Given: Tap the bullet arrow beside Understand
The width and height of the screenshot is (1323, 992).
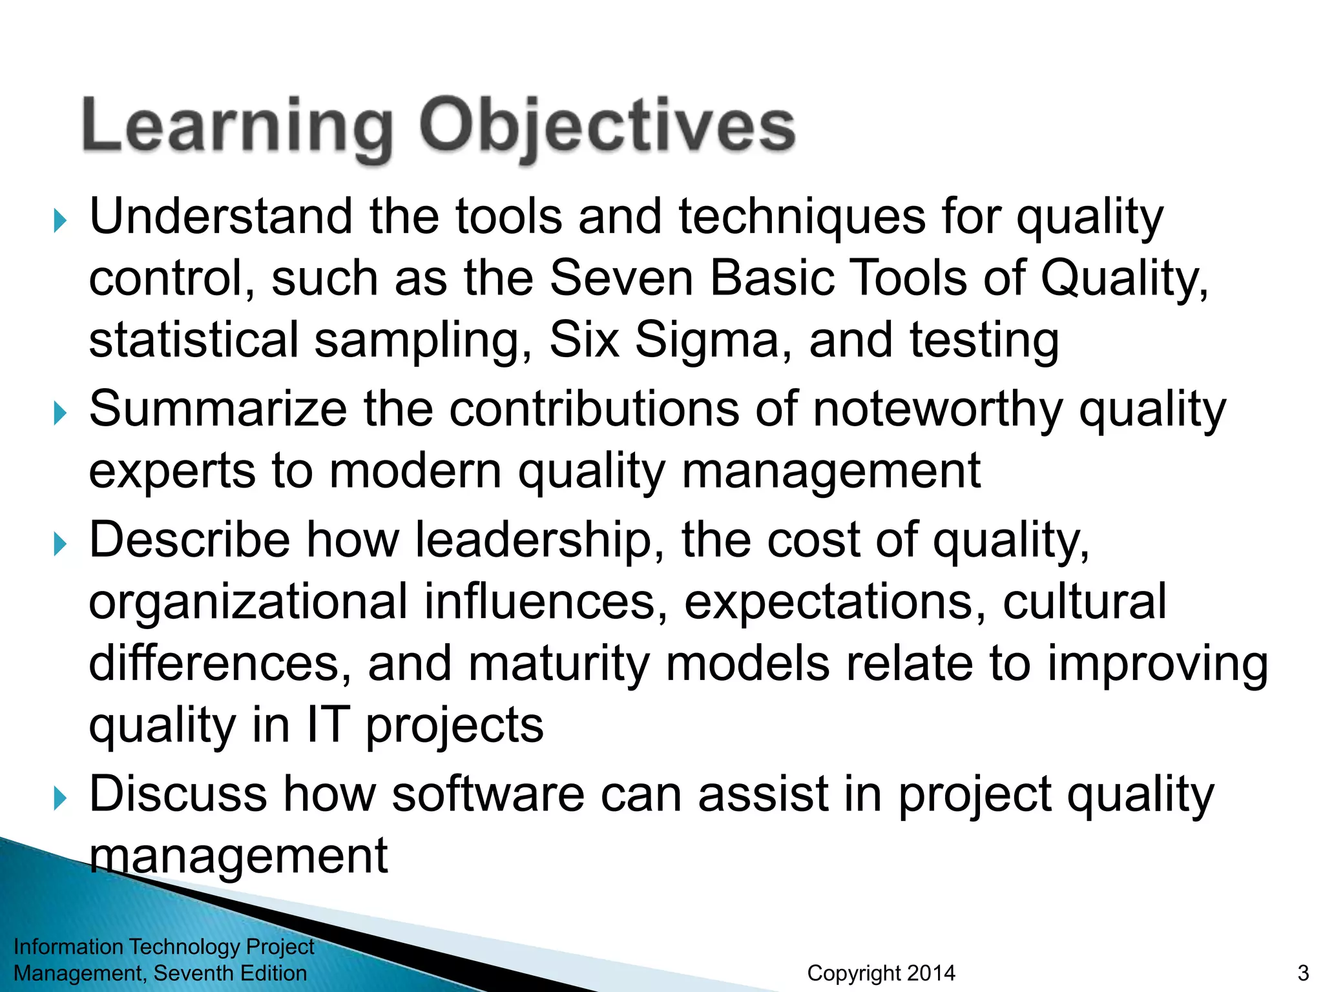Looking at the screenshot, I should point(60,221).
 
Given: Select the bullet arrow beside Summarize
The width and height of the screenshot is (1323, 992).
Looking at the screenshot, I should point(60,413).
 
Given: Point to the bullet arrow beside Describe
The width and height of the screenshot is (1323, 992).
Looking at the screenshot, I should point(60,544).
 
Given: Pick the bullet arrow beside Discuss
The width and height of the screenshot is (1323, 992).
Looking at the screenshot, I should point(60,799).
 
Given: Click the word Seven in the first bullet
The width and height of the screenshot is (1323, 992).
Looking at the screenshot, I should point(621,278).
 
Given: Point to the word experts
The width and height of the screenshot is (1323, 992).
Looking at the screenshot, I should point(172,471).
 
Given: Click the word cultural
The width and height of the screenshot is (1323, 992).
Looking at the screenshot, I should point(1085,601).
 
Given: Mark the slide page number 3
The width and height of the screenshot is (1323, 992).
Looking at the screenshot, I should point(1303,973).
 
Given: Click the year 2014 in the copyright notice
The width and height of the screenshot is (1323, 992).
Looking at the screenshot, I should point(931,973).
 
